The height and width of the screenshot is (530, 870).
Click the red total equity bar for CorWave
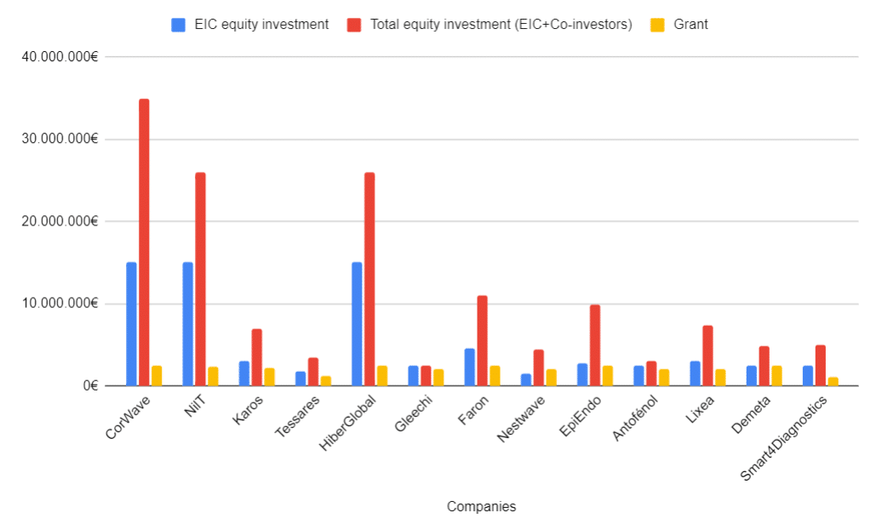144,242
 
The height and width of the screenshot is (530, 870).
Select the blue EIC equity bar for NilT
187,324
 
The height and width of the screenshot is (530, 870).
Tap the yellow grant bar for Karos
269,377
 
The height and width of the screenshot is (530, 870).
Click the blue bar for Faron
470,367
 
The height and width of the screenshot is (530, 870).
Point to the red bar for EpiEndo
595,345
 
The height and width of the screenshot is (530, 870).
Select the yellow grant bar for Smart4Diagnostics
833,381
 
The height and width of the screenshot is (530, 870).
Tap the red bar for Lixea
707,356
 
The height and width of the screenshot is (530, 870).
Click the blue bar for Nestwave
526,379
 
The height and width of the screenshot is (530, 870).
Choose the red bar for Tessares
313,372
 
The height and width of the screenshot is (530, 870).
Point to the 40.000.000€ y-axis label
59,57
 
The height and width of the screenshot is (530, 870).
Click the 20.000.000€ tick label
59,221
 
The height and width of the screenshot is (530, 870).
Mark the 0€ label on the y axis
89,386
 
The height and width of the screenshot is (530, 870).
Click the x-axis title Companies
481,507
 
